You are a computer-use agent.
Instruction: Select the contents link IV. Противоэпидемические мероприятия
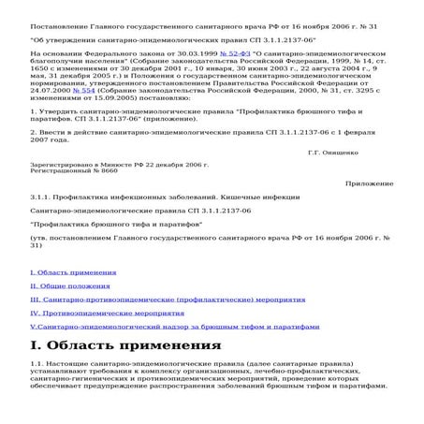pyautogui.click(x=87, y=312)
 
